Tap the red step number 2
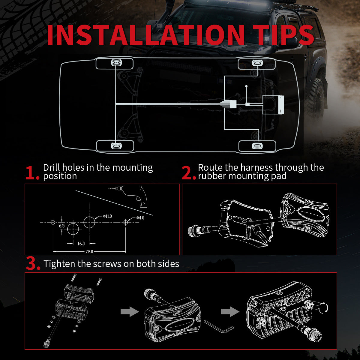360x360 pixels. pos(188,173)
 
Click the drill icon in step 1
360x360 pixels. pos(132,195)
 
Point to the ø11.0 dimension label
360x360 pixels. pos(107,216)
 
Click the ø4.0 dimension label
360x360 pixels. pos(139,217)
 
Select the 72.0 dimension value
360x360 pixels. pos(89,251)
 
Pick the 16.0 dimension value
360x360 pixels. pos(81,244)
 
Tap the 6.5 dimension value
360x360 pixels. pos(61,226)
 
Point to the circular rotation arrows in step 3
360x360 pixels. pos(323,307)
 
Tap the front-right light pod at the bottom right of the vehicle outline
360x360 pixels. pos(257,146)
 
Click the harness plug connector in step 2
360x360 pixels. pos(195,231)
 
